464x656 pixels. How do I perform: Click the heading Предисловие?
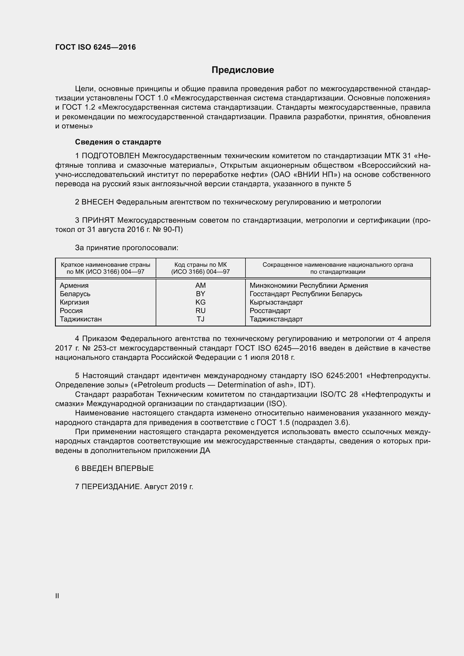pos(243,70)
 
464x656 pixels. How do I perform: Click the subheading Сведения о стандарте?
pos(118,142)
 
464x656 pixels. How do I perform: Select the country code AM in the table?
pos(200,286)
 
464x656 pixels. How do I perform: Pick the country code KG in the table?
pos(200,302)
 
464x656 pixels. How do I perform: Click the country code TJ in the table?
pos(200,319)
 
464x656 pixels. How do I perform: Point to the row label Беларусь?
pos(75,294)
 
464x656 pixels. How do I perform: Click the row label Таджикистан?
pos(81,319)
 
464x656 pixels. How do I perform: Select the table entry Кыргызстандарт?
pos(276,302)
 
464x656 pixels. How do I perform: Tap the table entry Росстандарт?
pos(270,311)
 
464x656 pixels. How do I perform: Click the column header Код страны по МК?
pos(200,265)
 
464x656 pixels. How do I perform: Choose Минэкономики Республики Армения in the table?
pos(309,286)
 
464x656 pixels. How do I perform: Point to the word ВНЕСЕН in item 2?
pos(97,202)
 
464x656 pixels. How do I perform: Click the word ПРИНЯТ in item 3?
pos(98,220)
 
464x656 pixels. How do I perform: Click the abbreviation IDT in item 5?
pos(304,385)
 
